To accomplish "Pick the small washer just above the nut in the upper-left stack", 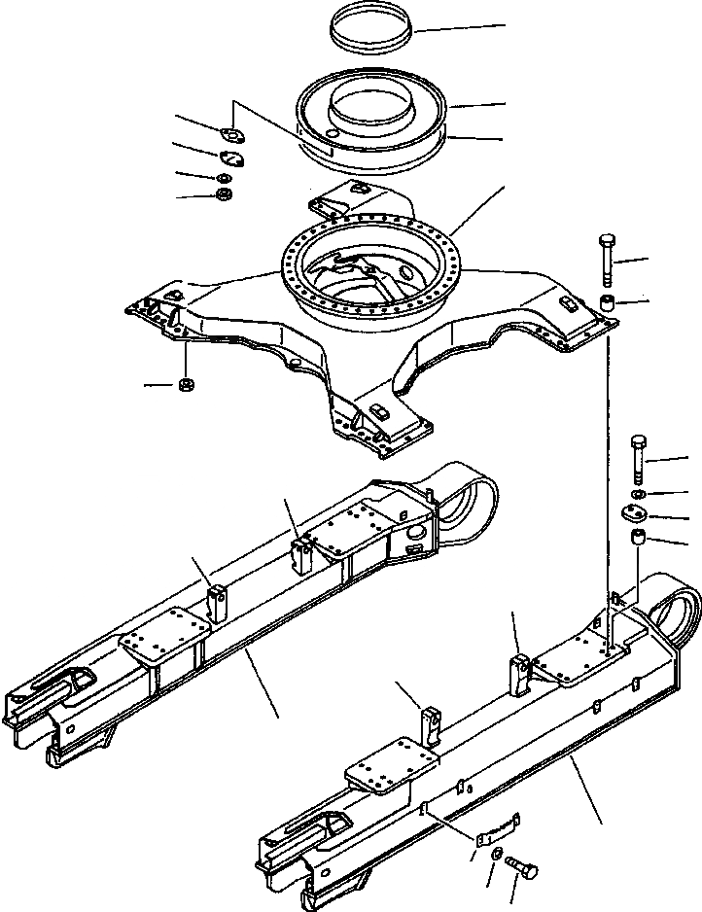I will pos(225,179).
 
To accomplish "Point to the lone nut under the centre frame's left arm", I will pos(185,387).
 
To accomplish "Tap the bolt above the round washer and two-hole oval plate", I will pos(638,458).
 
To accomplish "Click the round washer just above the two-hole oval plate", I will pos(638,496).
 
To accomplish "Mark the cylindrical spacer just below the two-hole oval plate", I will pos(639,537).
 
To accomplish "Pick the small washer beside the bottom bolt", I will pos(497,854).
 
